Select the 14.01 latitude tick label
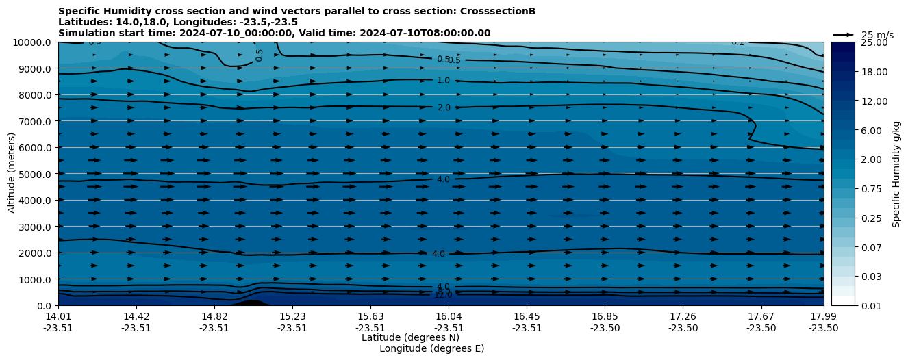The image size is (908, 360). (58, 316)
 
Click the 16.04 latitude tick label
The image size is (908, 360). (449, 316)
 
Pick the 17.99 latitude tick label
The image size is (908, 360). (823, 316)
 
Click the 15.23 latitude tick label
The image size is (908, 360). (292, 316)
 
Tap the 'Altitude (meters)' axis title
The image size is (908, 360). (12, 173)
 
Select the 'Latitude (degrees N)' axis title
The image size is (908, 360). (410, 337)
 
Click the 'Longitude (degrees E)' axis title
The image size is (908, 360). (431, 348)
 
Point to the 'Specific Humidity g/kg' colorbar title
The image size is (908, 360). (896, 173)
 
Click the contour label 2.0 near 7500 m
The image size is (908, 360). (444, 107)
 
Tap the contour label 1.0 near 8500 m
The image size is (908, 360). (443, 80)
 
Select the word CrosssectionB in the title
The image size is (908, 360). (499, 11)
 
